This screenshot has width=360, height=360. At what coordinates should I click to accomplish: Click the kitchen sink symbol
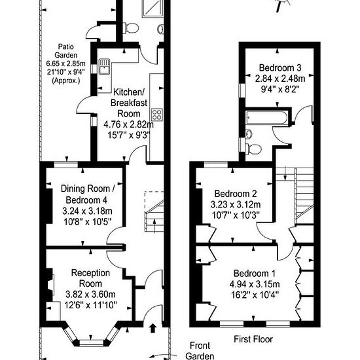(104, 67)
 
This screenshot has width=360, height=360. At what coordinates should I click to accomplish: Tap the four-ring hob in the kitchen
(157, 115)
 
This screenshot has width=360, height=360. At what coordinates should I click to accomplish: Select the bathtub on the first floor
(266, 118)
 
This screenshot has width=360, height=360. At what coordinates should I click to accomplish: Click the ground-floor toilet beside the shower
(131, 28)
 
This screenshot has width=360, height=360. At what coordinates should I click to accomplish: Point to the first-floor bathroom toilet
(253, 149)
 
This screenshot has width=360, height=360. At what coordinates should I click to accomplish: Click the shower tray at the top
(153, 9)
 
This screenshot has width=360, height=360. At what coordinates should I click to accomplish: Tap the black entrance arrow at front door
(153, 328)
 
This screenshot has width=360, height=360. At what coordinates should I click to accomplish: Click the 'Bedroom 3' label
(280, 67)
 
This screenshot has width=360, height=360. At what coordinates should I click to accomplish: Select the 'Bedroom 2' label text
(236, 194)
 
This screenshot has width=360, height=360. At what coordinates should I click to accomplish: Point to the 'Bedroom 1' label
(255, 274)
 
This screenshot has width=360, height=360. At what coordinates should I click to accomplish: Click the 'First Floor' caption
(253, 339)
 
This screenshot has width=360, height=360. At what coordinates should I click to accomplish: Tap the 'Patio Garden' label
(66, 51)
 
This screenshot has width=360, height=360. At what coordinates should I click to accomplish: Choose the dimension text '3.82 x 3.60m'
(90, 294)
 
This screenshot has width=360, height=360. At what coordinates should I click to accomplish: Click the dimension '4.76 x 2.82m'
(128, 124)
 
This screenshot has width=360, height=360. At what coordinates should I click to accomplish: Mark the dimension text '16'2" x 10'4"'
(255, 295)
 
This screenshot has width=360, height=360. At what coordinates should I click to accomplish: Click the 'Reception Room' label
(90, 278)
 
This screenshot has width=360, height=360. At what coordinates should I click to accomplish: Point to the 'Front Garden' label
(200, 351)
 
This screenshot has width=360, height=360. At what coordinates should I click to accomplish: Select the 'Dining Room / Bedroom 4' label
(88, 194)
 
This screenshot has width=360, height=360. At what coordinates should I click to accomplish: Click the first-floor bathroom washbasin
(249, 134)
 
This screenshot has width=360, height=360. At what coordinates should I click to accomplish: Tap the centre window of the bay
(92, 343)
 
